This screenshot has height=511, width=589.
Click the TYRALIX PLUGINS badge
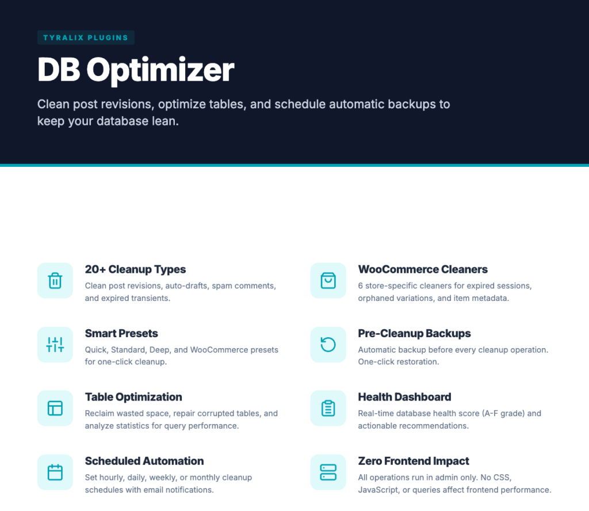(86, 38)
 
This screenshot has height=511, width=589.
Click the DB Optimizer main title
(136, 70)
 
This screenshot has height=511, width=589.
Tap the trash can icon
(55, 281)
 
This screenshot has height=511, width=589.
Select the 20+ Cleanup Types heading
(135, 269)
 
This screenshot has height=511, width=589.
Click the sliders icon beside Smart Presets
(55, 345)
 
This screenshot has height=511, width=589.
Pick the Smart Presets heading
(121, 333)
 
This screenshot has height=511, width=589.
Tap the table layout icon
(55, 408)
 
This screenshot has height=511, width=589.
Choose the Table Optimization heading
(133, 397)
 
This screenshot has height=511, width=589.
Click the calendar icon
(55, 472)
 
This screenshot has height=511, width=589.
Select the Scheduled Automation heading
(144, 461)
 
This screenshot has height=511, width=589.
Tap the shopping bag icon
(328, 281)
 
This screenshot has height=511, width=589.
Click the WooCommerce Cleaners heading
(423, 269)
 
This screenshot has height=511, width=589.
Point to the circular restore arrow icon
(328, 345)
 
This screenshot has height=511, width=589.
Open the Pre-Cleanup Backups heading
(414, 333)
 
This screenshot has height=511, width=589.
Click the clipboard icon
(328, 408)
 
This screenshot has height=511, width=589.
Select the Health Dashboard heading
(404, 397)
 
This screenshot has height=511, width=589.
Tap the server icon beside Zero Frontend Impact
(328, 472)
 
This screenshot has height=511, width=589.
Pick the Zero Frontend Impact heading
(414, 461)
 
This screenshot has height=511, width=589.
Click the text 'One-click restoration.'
(398, 362)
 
